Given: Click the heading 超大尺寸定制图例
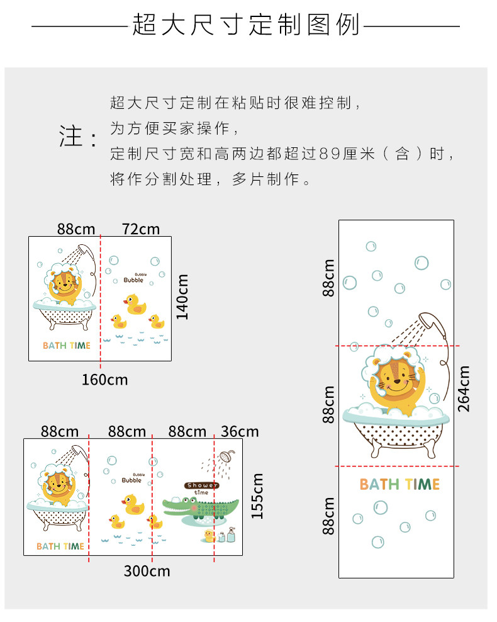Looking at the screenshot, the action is [246, 25].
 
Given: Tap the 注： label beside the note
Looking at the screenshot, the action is [78, 136].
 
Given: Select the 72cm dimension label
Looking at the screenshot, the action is [141, 229].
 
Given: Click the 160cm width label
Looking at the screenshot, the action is [104, 380].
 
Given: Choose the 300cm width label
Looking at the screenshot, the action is [147, 571].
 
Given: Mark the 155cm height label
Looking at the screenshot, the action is [257, 496].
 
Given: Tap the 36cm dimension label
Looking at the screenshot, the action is [240, 431].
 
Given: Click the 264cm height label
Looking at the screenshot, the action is [464, 389].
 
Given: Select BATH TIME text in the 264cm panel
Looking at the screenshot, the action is [399, 484].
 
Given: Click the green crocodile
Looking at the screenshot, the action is [201, 508].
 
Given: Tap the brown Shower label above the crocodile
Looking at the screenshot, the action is [201, 485].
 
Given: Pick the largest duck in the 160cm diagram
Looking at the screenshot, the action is [135, 304].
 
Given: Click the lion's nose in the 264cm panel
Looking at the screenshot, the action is [397, 382].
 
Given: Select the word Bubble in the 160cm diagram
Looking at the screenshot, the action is [133, 280].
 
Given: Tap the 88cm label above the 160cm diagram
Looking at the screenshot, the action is [76, 229].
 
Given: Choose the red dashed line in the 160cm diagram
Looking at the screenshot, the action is [100, 302].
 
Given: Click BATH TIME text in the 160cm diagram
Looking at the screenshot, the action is [67, 346].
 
